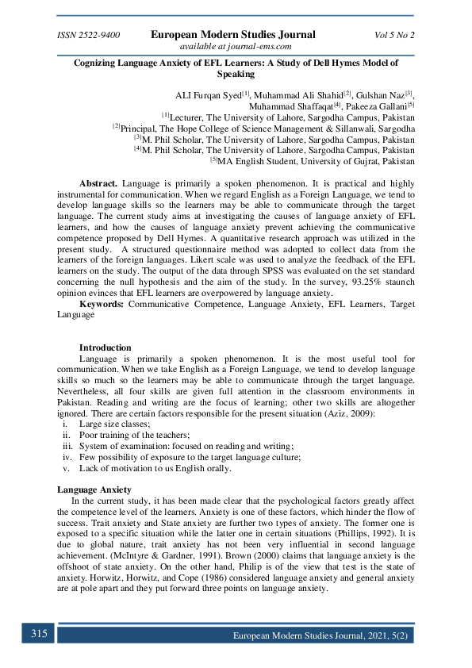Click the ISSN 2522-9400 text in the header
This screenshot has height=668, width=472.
click(88, 35)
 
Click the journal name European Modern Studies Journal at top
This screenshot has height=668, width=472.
click(233, 34)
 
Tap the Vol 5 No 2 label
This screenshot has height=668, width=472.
click(394, 35)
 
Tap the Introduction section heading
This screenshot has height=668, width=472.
click(106, 347)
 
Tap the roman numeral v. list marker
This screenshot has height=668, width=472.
click(67, 468)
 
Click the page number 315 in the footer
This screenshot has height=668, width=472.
click(39, 634)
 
